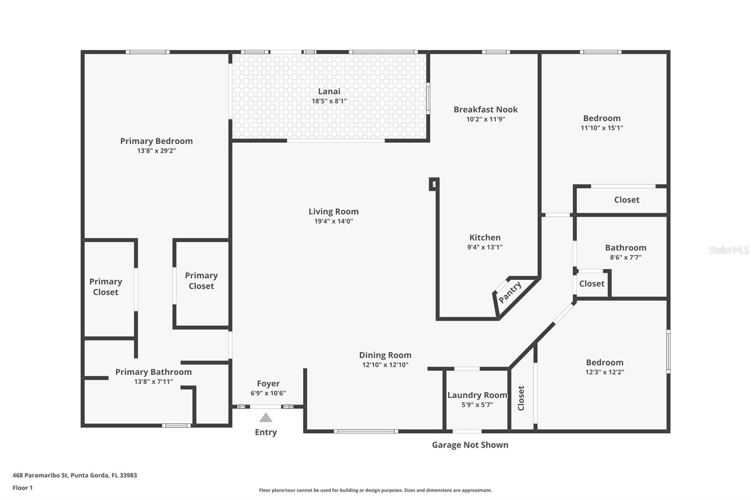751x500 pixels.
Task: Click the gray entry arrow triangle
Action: coord(266,417)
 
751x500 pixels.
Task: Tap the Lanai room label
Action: coord(329,91)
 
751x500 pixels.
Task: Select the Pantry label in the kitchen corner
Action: coord(510,292)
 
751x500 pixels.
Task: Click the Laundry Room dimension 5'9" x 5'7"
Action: coord(477,404)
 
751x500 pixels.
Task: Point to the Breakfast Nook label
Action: coord(485,109)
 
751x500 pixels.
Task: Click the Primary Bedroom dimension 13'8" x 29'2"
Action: coord(156,151)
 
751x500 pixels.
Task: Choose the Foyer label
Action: coord(268,383)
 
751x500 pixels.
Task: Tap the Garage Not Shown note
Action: coord(470,445)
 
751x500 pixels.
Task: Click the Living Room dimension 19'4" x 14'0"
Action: coord(334,221)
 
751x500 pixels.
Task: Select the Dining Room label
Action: coord(385,355)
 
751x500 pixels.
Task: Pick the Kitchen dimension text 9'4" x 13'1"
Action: coord(485,247)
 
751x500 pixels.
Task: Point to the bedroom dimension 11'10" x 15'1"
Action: coord(602,128)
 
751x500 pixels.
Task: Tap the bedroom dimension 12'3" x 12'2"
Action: coord(605,371)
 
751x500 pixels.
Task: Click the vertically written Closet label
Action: coord(521,398)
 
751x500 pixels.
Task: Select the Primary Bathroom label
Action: coord(153,371)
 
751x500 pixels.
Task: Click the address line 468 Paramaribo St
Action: coord(75,475)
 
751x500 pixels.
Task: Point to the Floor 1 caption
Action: coord(23,488)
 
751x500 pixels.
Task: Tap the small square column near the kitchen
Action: coord(434,184)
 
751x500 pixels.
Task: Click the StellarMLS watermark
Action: coord(729,250)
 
